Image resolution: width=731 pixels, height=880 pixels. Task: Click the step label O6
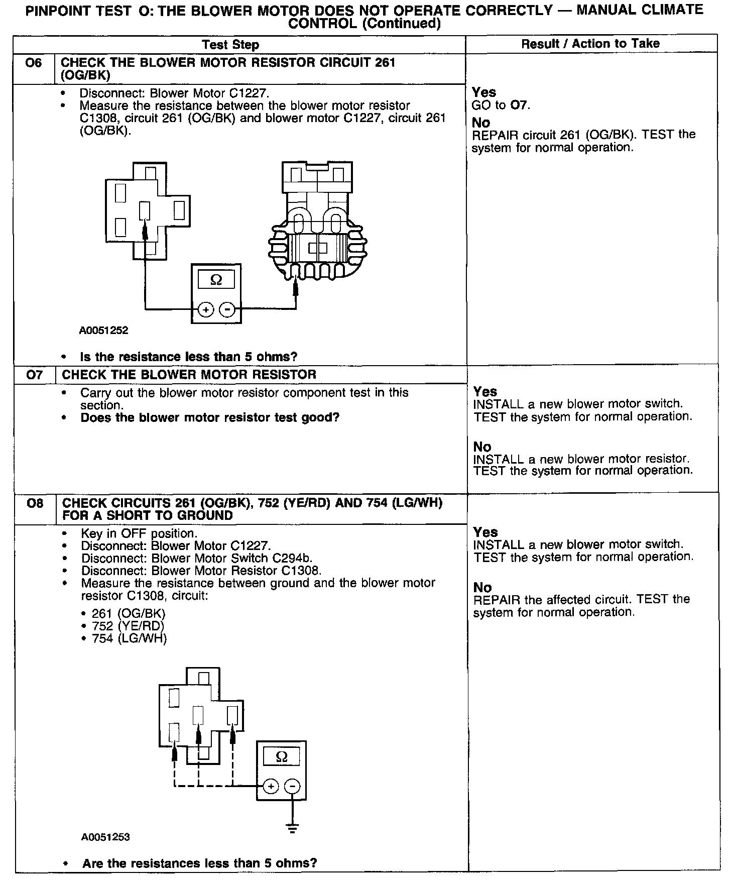pyautogui.click(x=34, y=63)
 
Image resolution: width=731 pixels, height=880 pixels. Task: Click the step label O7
pyautogui.click(x=34, y=375)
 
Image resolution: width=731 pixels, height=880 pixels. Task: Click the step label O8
pyautogui.click(x=35, y=503)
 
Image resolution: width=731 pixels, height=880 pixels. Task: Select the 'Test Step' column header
pyautogui.click(x=230, y=45)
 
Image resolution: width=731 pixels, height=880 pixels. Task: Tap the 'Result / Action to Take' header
pyautogui.click(x=590, y=44)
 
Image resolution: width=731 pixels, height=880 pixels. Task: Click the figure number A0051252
pyautogui.click(x=103, y=331)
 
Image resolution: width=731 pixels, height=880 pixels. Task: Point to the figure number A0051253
pyautogui.click(x=105, y=837)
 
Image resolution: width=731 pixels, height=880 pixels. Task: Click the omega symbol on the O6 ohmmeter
pyautogui.click(x=216, y=280)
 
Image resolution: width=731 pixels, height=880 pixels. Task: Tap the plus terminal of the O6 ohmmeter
pyautogui.click(x=205, y=310)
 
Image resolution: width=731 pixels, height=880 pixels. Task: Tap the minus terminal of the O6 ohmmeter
pyautogui.click(x=227, y=310)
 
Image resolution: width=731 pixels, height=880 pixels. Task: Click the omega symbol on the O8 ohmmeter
pyautogui.click(x=282, y=756)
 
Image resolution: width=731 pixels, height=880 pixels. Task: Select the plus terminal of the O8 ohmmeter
pyautogui.click(x=271, y=786)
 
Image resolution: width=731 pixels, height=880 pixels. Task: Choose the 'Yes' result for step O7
pyautogui.click(x=485, y=391)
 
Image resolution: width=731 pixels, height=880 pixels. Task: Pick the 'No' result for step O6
pyautogui.click(x=481, y=122)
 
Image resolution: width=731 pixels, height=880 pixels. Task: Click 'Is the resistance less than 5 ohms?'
pyautogui.click(x=188, y=357)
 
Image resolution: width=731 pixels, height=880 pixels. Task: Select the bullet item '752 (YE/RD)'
pyautogui.click(x=128, y=626)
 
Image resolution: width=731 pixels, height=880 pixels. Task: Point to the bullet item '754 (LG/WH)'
pyautogui.click(x=129, y=638)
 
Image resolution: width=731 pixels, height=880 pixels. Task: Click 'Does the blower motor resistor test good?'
pyautogui.click(x=210, y=417)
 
